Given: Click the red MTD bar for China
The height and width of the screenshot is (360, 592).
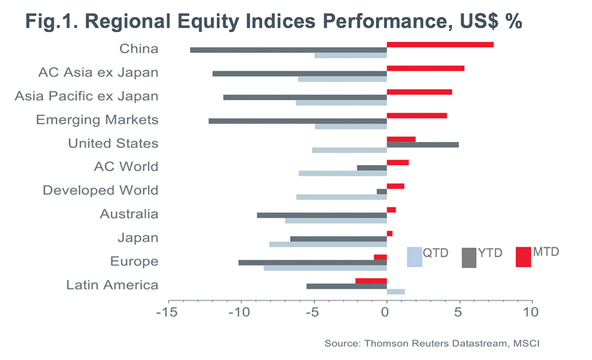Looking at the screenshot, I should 440,45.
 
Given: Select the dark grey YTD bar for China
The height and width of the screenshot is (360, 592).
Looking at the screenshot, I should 288,50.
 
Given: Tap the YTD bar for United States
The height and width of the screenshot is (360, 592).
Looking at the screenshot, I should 422,144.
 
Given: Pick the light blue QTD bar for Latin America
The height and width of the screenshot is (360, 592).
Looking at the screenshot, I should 396,292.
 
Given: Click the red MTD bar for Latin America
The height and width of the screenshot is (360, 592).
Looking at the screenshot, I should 371,281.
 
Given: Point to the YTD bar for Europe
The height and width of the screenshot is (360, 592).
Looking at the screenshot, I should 312,262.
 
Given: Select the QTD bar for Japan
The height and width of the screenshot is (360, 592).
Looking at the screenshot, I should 327,245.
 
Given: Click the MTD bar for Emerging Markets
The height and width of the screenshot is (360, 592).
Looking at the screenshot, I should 416,116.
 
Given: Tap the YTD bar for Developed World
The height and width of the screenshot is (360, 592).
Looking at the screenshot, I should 381,192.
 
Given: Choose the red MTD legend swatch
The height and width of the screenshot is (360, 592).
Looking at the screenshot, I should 523,257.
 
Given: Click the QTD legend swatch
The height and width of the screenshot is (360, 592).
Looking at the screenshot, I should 415,257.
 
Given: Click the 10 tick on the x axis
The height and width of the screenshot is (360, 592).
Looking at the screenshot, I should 531,312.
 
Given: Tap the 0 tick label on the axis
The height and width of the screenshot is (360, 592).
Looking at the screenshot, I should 386,312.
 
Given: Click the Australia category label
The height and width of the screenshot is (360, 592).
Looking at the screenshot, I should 129,214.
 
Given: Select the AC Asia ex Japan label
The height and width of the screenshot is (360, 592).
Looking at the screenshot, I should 98,72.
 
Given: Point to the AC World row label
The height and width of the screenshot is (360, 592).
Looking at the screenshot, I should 126,167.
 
